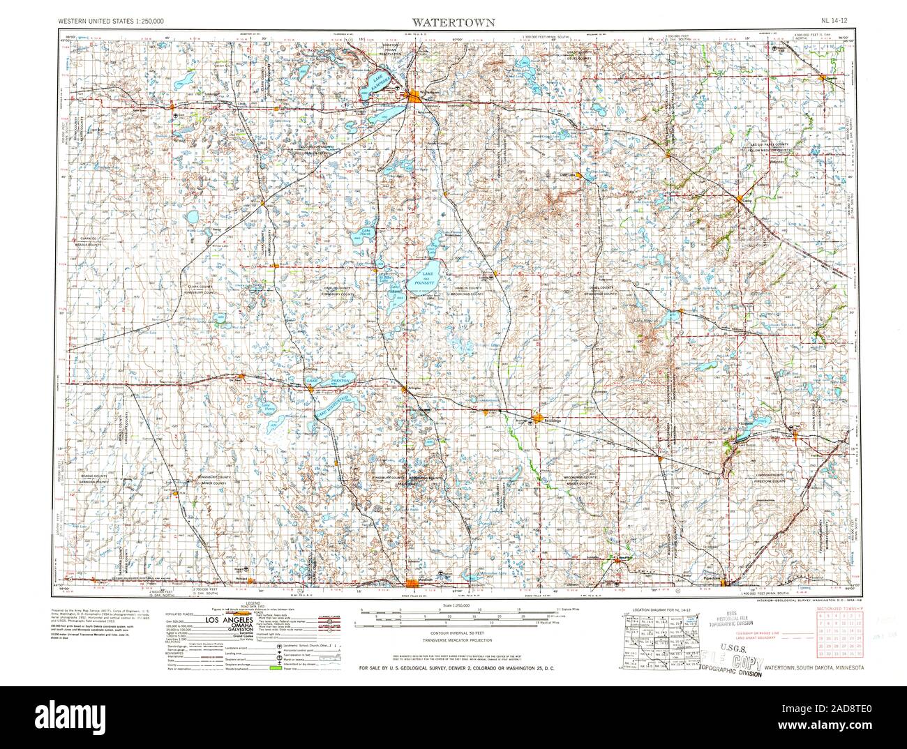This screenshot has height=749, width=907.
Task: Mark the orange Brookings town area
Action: click(535, 419)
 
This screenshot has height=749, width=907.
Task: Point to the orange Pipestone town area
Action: click(726, 582)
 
